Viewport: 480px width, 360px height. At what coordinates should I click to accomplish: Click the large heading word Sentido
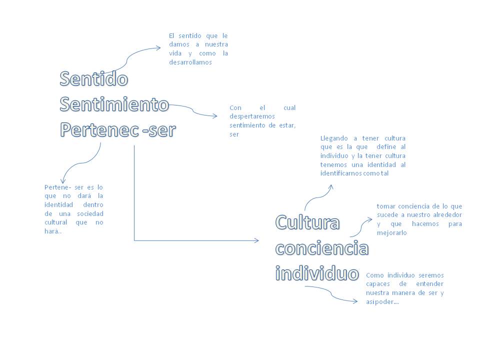(94, 78)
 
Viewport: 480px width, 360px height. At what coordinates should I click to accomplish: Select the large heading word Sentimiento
(114, 104)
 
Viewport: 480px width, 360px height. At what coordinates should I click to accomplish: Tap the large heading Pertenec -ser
(118, 130)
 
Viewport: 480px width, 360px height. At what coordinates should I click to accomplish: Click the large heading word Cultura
(307, 222)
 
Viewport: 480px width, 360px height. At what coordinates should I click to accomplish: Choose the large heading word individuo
(317, 273)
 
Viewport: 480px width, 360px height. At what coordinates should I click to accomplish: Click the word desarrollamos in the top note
(190, 62)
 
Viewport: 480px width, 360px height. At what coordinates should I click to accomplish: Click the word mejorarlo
(392, 232)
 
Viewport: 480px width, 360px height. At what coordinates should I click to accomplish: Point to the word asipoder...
(382, 302)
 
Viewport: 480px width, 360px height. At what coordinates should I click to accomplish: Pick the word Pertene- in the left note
(57, 186)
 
